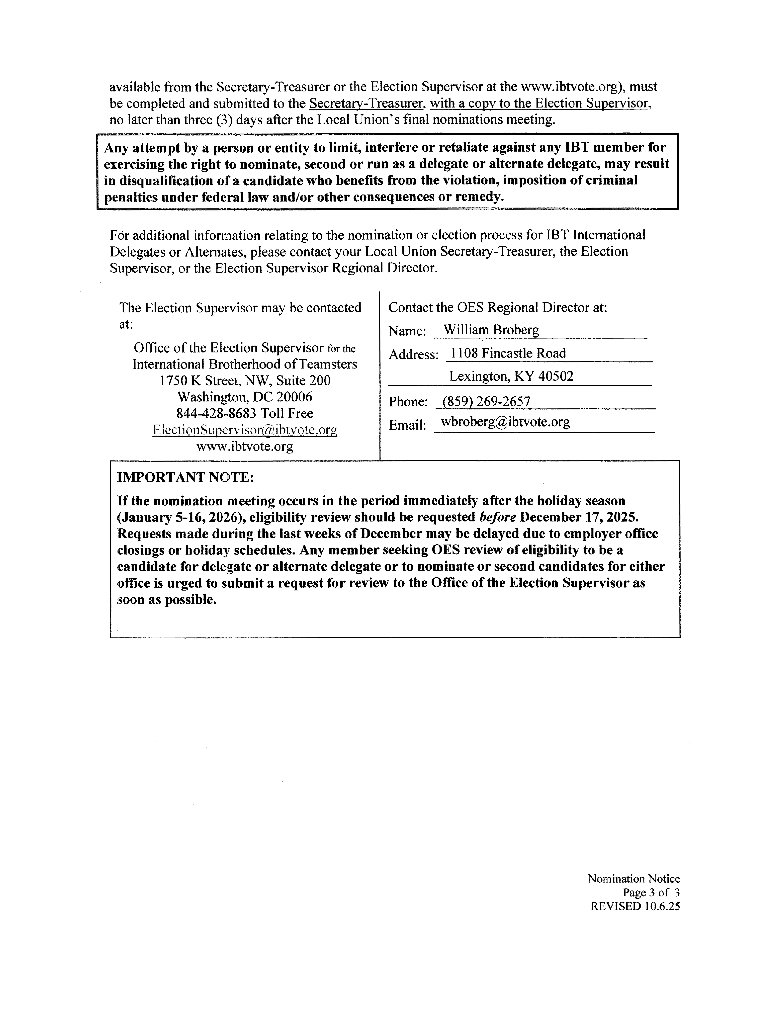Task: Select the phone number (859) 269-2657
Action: pos(486,401)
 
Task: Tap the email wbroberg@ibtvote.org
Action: pos(505,422)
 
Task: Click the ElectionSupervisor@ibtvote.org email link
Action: pos(245,430)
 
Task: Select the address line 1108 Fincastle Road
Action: pos(508,353)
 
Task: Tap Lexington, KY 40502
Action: pos(511,376)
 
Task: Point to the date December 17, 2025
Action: pos(579,517)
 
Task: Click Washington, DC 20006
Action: pos(245,397)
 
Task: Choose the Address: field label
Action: pos(413,355)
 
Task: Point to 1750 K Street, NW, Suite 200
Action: pos(245,381)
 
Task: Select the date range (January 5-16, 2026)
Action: pos(181,517)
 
